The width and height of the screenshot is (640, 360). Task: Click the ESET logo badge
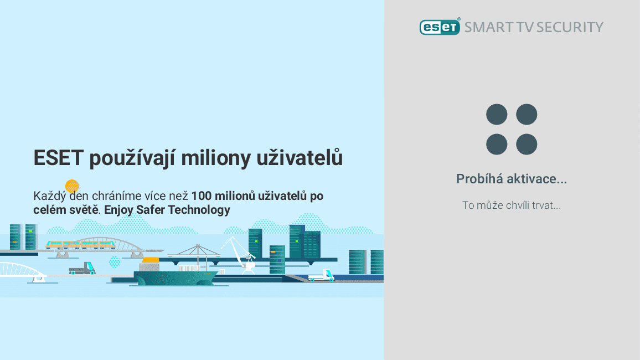pyautogui.click(x=440, y=27)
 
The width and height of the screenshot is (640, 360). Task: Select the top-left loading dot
pyautogui.click(x=497, y=115)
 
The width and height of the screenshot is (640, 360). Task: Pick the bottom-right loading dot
pyautogui.click(x=527, y=145)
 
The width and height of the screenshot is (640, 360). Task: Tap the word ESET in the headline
pyautogui.click(x=58, y=158)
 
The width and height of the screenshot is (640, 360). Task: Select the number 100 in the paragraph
pyautogui.click(x=201, y=196)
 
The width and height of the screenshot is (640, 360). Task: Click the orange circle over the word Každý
pyautogui.click(x=72, y=186)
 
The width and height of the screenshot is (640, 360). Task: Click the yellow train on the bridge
pyautogui.click(x=81, y=244)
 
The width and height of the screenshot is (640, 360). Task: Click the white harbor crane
pyautogui.click(x=239, y=252)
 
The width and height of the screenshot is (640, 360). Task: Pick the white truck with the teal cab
pyautogui.click(x=322, y=275)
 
